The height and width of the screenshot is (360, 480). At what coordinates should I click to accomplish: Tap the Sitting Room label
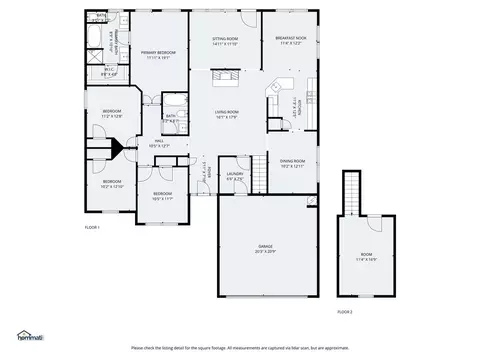(x=224, y=42)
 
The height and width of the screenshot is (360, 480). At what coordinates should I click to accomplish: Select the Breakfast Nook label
(x=290, y=42)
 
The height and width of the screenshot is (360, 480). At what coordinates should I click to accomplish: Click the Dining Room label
(x=292, y=163)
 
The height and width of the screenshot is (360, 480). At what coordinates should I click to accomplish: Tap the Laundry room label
(x=235, y=176)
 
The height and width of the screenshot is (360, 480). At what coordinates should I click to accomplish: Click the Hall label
(x=159, y=143)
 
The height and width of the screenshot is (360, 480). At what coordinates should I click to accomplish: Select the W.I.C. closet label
(x=111, y=72)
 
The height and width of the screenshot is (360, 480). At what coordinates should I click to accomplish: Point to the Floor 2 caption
(x=344, y=313)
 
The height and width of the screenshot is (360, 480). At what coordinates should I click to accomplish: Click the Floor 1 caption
(x=92, y=227)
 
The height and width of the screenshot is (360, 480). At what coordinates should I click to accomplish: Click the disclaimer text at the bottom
(x=240, y=347)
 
